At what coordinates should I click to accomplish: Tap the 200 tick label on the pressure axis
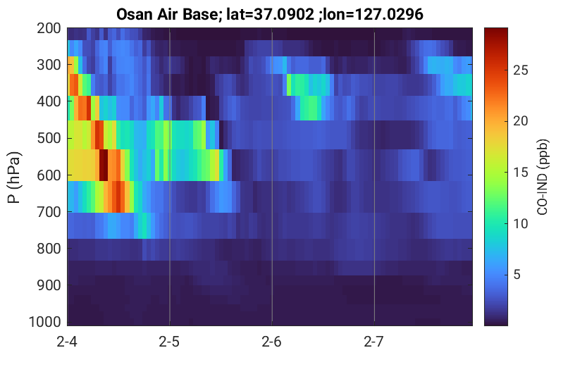pyautogui.click(x=49, y=28)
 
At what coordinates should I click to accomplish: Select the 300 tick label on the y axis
pyautogui.click(x=49, y=65)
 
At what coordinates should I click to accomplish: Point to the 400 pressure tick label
pyautogui.click(x=49, y=101)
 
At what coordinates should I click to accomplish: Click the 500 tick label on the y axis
pyautogui.click(x=49, y=138)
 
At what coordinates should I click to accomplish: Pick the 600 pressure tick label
pyautogui.click(x=49, y=175)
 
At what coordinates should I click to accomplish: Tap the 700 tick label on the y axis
pyautogui.click(x=49, y=212)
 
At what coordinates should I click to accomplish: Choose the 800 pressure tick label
pyautogui.click(x=49, y=249)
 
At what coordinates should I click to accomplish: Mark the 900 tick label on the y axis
pyautogui.click(x=49, y=285)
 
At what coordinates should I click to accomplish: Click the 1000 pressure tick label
pyautogui.click(x=45, y=322)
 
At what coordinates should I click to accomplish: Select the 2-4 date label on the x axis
pyautogui.click(x=67, y=342)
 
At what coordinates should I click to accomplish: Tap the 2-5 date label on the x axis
pyautogui.click(x=169, y=342)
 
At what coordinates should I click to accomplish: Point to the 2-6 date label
pyautogui.click(x=272, y=342)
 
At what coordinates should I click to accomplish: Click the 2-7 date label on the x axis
pyautogui.click(x=374, y=342)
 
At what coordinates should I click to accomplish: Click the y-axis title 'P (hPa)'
pyautogui.click(x=14, y=178)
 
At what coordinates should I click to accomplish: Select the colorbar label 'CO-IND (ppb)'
pyautogui.click(x=543, y=177)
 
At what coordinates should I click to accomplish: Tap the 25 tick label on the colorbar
pyautogui.click(x=521, y=70)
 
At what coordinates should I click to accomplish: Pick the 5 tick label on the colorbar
pyautogui.click(x=517, y=275)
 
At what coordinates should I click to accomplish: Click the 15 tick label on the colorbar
pyautogui.click(x=521, y=172)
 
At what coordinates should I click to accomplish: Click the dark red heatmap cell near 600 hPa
pyautogui.click(x=104, y=165)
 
